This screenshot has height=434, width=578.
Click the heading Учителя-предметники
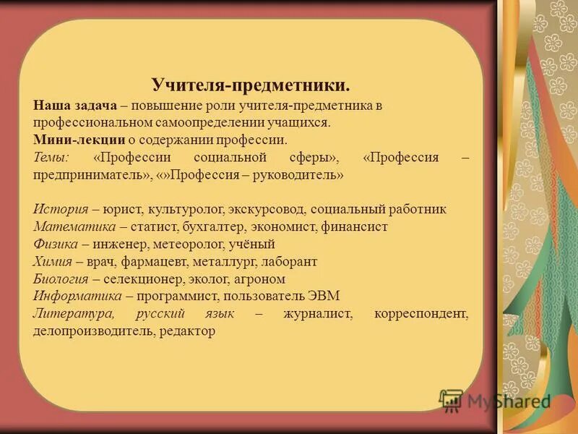click(251, 85)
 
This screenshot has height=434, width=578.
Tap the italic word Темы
click(51, 158)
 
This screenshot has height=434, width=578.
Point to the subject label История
click(61, 210)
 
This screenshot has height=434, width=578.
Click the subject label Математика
click(71, 227)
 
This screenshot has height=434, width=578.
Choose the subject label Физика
click(57, 244)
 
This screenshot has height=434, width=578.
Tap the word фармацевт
click(148, 262)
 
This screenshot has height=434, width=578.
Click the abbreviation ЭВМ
click(324, 297)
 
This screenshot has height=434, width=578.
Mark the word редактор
click(189, 331)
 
